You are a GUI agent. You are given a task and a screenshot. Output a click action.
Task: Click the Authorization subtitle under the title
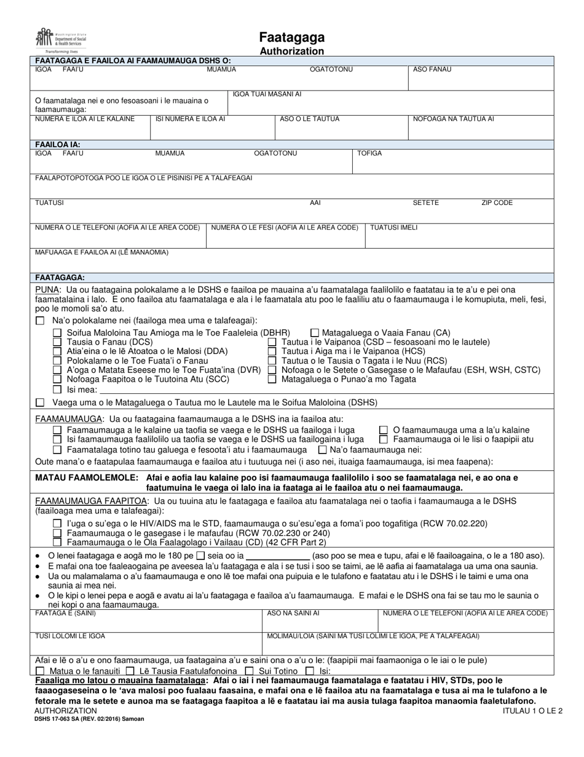click(291, 52)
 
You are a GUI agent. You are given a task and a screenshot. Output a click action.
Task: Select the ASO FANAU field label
click(432, 70)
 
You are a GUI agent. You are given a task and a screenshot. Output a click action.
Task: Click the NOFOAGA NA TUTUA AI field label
click(453, 119)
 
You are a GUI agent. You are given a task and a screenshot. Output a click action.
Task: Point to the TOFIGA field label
click(369, 153)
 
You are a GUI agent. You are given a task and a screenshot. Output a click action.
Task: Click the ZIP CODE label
click(497, 202)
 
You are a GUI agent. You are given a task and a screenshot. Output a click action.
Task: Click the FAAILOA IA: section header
click(58, 144)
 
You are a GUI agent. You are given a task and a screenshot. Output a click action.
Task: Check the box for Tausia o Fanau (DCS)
click(57, 342)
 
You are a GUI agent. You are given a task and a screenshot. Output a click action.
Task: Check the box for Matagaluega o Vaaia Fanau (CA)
click(315, 332)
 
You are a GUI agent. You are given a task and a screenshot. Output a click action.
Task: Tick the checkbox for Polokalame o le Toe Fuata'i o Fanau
click(57, 361)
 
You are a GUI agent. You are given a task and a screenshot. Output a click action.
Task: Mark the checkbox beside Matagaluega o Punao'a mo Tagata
click(272, 379)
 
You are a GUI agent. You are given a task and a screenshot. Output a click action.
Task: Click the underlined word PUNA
click(47, 289)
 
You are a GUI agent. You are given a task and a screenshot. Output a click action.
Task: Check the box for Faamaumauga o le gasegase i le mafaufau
click(57, 533)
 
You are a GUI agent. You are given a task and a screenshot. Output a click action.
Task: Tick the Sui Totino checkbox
click(250, 671)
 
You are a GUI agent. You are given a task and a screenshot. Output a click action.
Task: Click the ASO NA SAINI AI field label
click(293, 614)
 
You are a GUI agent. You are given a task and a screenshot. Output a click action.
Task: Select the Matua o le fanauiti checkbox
click(41, 671)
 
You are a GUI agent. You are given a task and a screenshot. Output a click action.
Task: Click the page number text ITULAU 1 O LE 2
click(527, 710)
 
